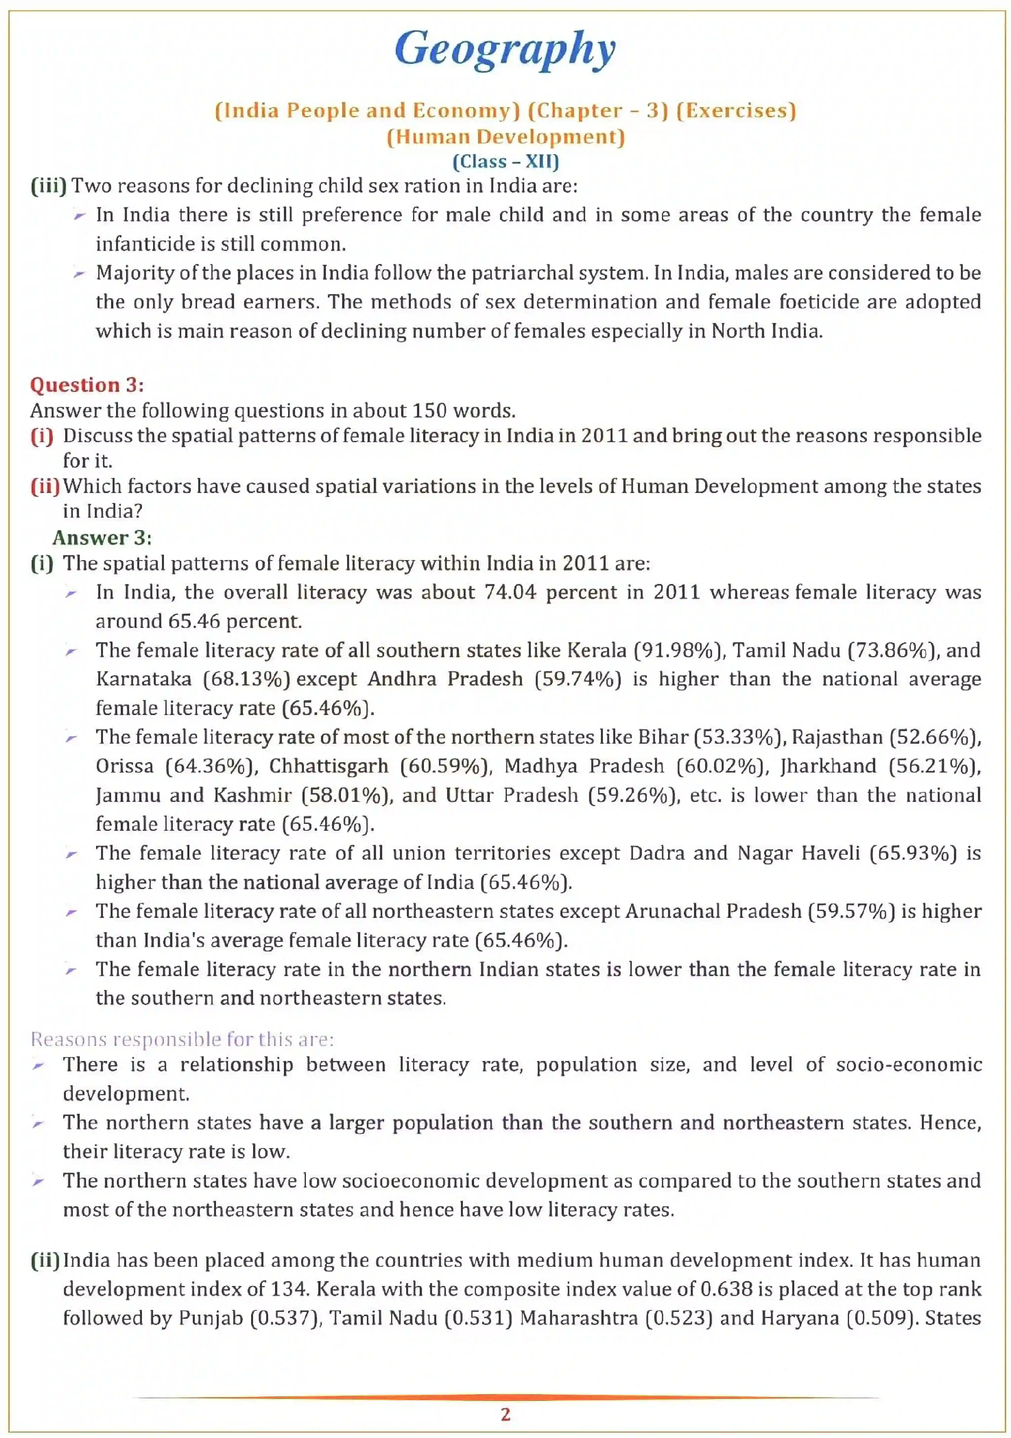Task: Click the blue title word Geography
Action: click(505, 50)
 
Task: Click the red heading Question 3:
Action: click(86, 385)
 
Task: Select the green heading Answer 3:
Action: click(101, 537)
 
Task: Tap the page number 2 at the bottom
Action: click(505, 1414)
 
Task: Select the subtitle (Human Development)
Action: click(505, 136)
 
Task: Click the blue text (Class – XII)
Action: click(505, 162)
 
